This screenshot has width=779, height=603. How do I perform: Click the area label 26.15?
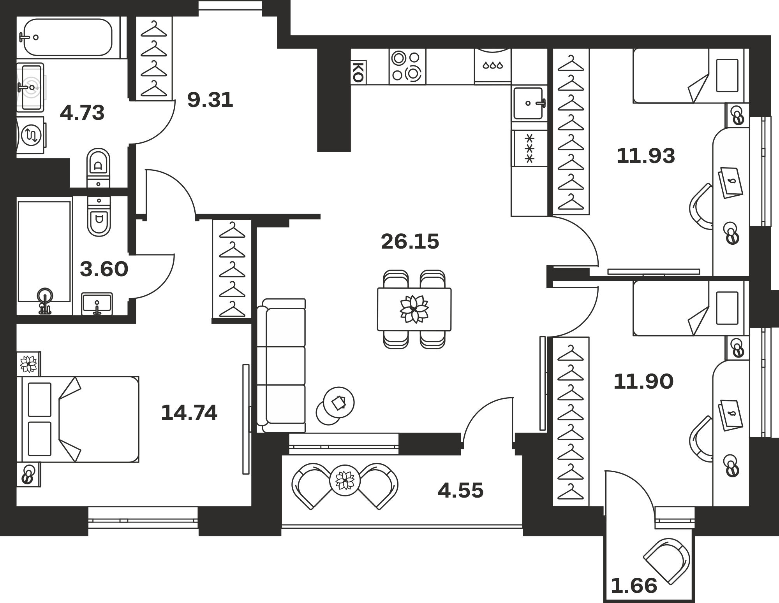click(x=410, y=241)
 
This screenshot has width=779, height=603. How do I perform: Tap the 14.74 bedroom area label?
click(x=189, y=413)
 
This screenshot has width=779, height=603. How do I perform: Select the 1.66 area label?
click(x=634, y=585)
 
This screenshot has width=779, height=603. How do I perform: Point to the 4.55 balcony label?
click(x=460, y=490)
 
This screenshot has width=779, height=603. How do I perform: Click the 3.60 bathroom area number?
click(x=104, y=269)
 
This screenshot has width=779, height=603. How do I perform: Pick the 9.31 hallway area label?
click(x=210, y=100)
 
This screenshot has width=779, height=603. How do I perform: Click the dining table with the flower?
click(x=414, y=309)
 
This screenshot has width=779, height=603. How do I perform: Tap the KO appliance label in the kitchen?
click(x=358, y=72)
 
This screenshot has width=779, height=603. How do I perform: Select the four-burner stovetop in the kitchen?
click(x=407, y=66)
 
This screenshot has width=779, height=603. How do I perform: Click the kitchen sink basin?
click(x=528, y=103)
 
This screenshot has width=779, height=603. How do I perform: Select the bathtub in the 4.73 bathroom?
click(x=68, y=37)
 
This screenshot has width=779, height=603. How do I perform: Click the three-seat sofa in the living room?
click(x=281, y=366)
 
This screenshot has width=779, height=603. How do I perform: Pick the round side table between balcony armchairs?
click(x=345, y=480)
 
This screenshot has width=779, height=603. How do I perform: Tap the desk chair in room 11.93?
click(x=701, y=207)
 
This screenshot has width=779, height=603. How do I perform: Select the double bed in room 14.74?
click(x=78, y=419)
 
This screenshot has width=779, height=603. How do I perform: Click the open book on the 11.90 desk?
click(x=730, y=415)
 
